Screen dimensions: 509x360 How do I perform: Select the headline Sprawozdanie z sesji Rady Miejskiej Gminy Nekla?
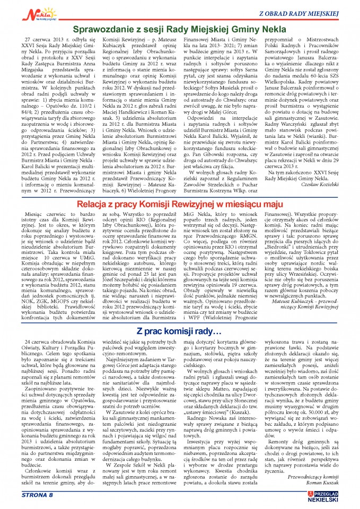pos(180,30)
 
